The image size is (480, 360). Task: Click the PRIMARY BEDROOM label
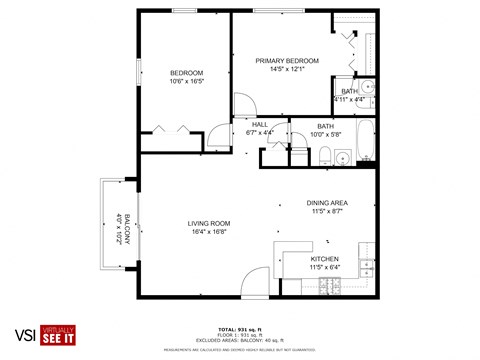(282, 59)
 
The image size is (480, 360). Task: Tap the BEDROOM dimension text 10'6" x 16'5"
(186, 81)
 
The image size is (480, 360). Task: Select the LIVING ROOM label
(209, 222)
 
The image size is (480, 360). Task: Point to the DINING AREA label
(326, 203)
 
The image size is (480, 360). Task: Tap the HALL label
(259, 124)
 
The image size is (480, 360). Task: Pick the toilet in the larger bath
(326, 154)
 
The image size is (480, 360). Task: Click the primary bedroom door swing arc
(242, 103)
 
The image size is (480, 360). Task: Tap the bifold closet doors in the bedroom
(168, 129)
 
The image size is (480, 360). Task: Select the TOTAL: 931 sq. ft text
(239, 328)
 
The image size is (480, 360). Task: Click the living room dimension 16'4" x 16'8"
(209, 231)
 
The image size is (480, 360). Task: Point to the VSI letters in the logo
(19, 335)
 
